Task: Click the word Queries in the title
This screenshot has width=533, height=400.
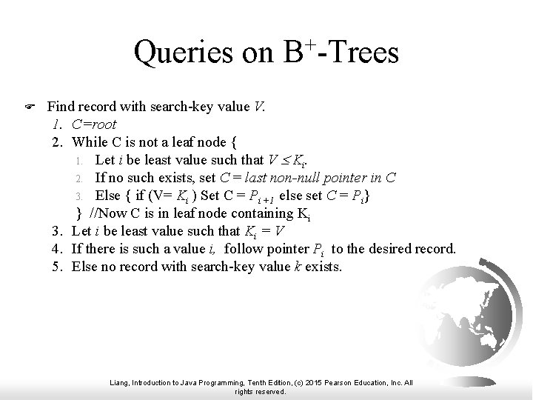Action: tap(185, 53)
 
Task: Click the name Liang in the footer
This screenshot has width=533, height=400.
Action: tap(121, 383)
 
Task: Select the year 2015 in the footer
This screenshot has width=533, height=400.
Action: tap(308, 383)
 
